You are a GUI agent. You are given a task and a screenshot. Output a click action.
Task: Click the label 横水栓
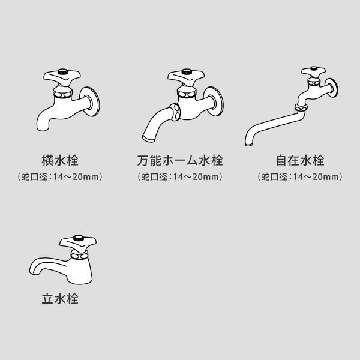click(x=60, y=160)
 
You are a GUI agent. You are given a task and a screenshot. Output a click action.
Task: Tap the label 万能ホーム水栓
click(x=180, y=160)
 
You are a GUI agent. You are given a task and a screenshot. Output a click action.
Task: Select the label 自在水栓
click(x=300, y=160)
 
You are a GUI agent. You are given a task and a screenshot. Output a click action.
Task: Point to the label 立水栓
click(x=60, y=299)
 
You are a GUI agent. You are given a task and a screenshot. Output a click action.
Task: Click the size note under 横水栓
click(x=60, y=177)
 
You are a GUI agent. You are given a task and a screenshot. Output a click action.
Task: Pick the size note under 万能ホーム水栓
click(x=180, y=177)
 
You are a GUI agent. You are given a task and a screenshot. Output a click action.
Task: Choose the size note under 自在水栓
click(x=300, y=177)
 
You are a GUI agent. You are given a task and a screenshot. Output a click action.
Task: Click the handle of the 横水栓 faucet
click(x=62, y=77)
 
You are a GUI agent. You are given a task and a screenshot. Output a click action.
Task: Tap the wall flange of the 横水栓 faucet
click(x=90, y=101)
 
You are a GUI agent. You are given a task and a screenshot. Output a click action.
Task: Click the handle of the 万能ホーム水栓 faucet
click(x=186, y=77)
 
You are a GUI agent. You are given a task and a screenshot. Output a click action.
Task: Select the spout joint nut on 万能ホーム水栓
click(x=175, y=112)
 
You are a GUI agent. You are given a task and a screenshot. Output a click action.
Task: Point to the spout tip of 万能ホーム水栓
click(x=149, y=138)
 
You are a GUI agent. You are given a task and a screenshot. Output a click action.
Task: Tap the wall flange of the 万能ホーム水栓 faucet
click(x=214, y=101)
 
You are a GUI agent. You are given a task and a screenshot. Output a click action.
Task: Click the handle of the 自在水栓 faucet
click(x=314, y=72)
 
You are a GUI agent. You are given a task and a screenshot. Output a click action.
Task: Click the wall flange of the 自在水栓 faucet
click(x=332, y=88)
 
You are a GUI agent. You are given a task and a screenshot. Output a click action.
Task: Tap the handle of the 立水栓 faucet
click(x=78, y=243)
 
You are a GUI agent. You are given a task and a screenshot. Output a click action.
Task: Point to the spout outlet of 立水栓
click(x=34, y=271)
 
